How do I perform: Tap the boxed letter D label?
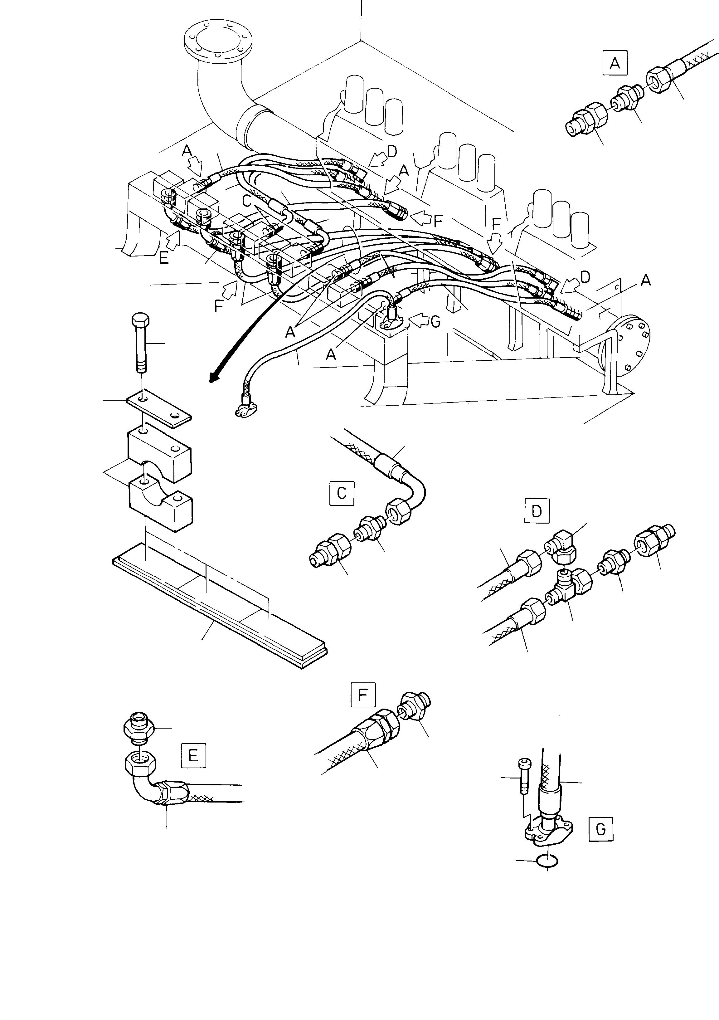click(x=537, y=511)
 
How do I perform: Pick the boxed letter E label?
click(x=193, y=755)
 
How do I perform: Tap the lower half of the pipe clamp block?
click(x=161, y=506)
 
